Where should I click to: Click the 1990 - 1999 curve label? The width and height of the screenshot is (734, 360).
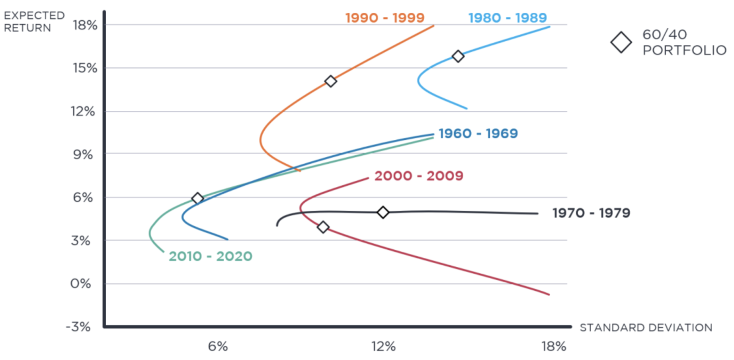click(x=385, y=18)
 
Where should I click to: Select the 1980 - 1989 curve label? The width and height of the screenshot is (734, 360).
click(x=508, y=18)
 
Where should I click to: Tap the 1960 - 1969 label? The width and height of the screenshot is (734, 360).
click(x=478, y=133)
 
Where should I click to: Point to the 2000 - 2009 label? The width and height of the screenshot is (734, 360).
click(x=419, y=176)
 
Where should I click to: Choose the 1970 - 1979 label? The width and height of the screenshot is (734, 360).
click(x=591, y=213)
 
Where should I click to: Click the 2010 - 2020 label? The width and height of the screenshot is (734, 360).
click(x=211, y=256)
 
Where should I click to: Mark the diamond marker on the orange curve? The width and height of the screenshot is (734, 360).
click(x=330, y=81)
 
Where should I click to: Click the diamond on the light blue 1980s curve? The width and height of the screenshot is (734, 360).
click(x=458, y=56)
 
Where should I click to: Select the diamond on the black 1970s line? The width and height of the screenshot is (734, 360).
click(x=383, y=212)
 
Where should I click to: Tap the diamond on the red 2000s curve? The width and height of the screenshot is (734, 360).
click(x=323, y=227)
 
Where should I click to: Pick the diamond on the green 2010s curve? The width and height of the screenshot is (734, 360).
click(x=197, y=198)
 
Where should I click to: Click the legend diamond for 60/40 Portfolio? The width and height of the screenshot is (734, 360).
click(x=621, y=43)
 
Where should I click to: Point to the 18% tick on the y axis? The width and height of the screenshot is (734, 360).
click(x=85, y=25)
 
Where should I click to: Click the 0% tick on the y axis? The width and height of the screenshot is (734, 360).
click(x=81, y=284)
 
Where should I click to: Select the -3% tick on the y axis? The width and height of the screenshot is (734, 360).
click(x=78, y=327)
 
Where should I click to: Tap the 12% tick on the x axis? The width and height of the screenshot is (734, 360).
click(x=384, y=346)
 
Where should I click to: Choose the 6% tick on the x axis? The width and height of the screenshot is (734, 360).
click(x=218, y=346)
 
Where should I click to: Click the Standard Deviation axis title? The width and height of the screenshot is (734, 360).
click(x=646, y=328)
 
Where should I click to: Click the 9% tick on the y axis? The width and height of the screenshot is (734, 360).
click(x=83, y=154)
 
